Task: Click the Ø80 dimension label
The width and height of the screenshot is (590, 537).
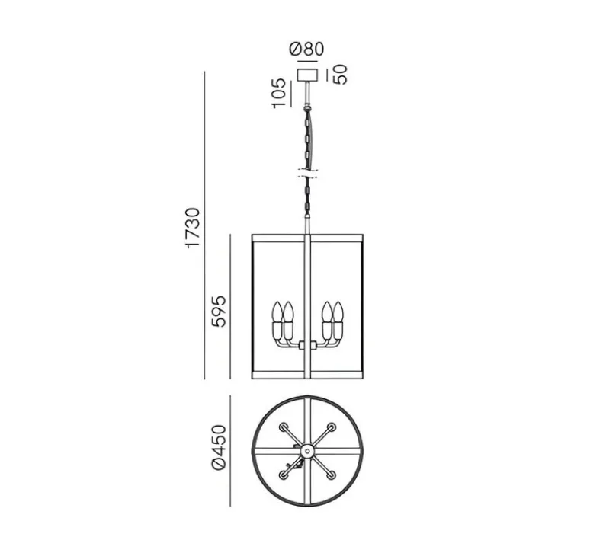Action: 306,50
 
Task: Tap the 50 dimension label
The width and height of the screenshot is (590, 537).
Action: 341,75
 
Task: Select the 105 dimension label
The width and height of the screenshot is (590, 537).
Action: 279,94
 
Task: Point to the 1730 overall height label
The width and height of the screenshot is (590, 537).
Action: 193,228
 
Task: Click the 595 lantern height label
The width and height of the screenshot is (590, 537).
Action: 219,312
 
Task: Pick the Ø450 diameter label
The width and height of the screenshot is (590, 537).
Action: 219,448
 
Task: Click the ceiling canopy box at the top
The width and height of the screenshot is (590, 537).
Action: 307,75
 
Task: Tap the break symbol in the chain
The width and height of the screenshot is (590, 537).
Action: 308,174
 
